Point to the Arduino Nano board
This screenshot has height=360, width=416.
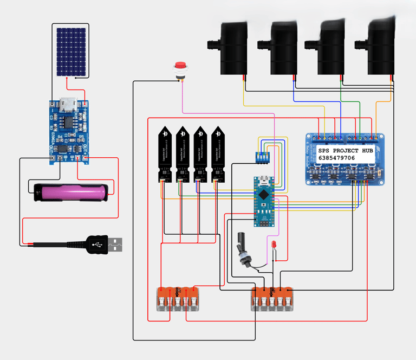tap(264, 200)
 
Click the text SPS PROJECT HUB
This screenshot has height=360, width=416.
tap(346, 150)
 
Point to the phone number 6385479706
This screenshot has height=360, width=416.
tap(337, 158)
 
